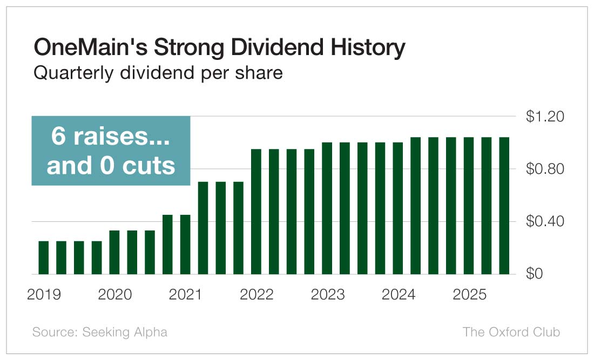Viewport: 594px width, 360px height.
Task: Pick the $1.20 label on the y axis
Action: tap(544, 117)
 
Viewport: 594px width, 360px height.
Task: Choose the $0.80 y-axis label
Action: tap(544, 169)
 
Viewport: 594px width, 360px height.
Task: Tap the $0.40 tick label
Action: tap(544, 221)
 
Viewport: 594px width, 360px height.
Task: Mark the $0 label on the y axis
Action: tap(535, 274)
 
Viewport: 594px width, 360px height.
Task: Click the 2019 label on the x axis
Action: tap(44, 295)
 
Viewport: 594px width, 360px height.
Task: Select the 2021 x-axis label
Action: tap(186, 295)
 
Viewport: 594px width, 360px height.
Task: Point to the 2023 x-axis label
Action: tap(328, 295)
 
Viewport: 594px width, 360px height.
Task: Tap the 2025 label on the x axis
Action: tap(470, 295)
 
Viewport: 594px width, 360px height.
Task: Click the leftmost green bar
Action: tap(44, 257)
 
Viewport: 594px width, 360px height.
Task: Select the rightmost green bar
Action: tap(504, 206)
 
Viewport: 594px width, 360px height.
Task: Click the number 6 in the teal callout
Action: tap(58, 137)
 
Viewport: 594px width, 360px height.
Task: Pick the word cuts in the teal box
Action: tap(151, 166)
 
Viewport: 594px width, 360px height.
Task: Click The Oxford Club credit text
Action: tap(511, 332)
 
